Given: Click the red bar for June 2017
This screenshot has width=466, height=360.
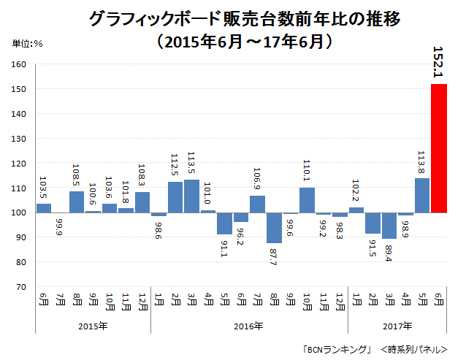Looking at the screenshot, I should pos(439,148).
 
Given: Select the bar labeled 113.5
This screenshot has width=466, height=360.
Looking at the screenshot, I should pos(191,196).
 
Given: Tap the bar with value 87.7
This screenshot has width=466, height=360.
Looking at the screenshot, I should pos(274,227).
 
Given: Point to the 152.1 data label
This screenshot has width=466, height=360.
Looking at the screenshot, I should pos(439,63).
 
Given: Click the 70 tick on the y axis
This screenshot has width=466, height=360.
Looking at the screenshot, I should pos(22,287).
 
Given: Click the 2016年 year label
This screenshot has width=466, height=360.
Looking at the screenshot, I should pos(249,326).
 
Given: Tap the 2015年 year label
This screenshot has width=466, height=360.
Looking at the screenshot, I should pos(93,326).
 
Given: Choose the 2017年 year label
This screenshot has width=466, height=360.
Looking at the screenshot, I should pos(397,326).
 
